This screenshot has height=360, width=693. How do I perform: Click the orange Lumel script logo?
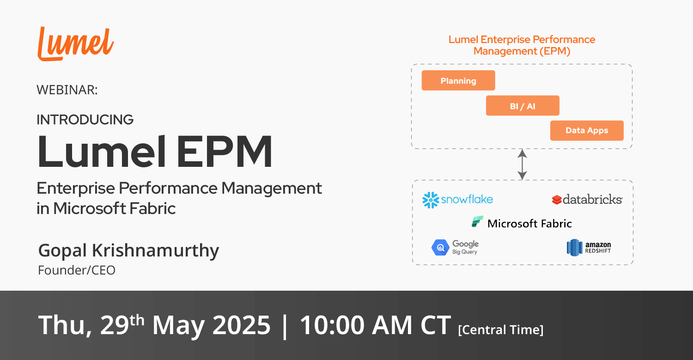click(x=75, y=43)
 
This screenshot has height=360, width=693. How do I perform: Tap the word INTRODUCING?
click(x=85, y=120)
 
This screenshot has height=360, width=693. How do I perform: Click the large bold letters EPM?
click(x=224, y=152)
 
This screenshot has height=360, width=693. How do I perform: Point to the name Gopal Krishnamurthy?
click(x=128, y=250)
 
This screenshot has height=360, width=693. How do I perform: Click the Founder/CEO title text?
click(x=76, y=270)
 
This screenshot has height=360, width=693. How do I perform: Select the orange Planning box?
click(x=458, y=80)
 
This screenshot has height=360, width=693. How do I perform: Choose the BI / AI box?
click(x=523, y=105)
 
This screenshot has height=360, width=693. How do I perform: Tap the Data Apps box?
click(x=587, y=131)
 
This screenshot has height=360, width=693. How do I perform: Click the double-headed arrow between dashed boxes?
click(x=522, y=165)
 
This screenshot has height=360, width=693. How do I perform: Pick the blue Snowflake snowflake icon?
click(x=431, y=200)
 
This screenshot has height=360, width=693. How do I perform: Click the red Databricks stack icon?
click(x=557, y=200)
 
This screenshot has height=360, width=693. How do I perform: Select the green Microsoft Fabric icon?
click(x=477, y=222)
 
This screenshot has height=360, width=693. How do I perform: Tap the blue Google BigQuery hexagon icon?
click(x=440, y=247)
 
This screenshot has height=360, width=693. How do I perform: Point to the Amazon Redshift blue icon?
click(x=574, y=248)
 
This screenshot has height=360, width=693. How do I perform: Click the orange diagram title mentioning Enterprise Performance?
click(x=522, y=45)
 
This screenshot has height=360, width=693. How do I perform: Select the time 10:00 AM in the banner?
click(x=356, y=325)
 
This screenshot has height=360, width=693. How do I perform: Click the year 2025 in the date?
click(x=241, y=325)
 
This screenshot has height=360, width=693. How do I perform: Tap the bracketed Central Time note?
click(x=500, y=330)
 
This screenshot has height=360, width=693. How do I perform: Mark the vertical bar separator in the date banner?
click(x=285, y=326)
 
